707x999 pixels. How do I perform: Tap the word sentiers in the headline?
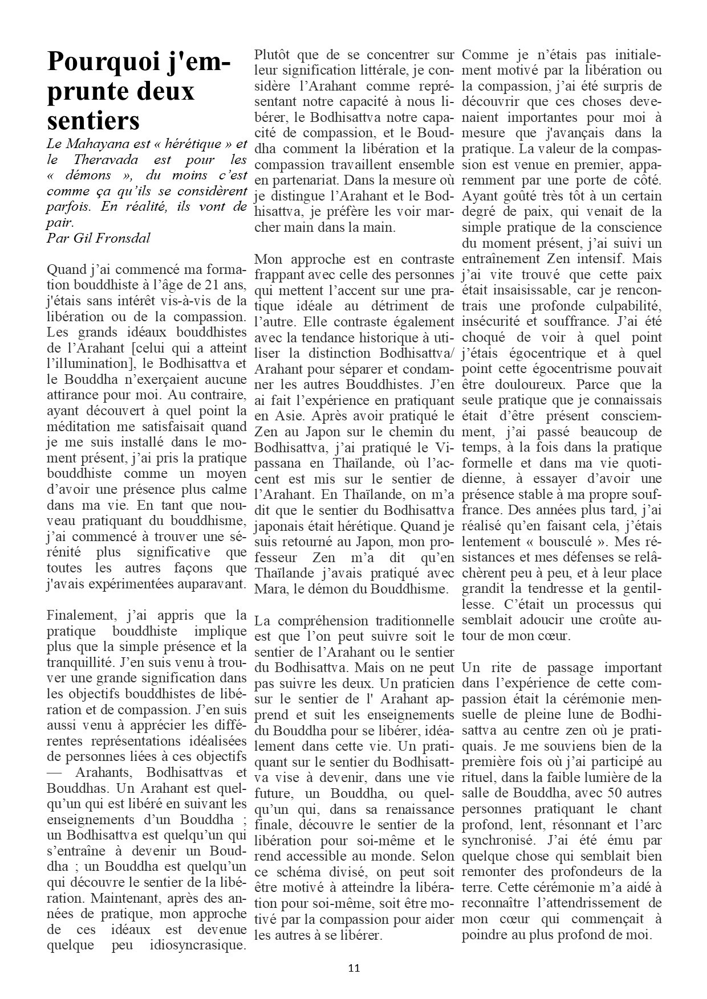[94, 120]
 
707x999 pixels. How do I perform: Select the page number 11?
[353, 968]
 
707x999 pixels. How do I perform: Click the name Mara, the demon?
[270, 588]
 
